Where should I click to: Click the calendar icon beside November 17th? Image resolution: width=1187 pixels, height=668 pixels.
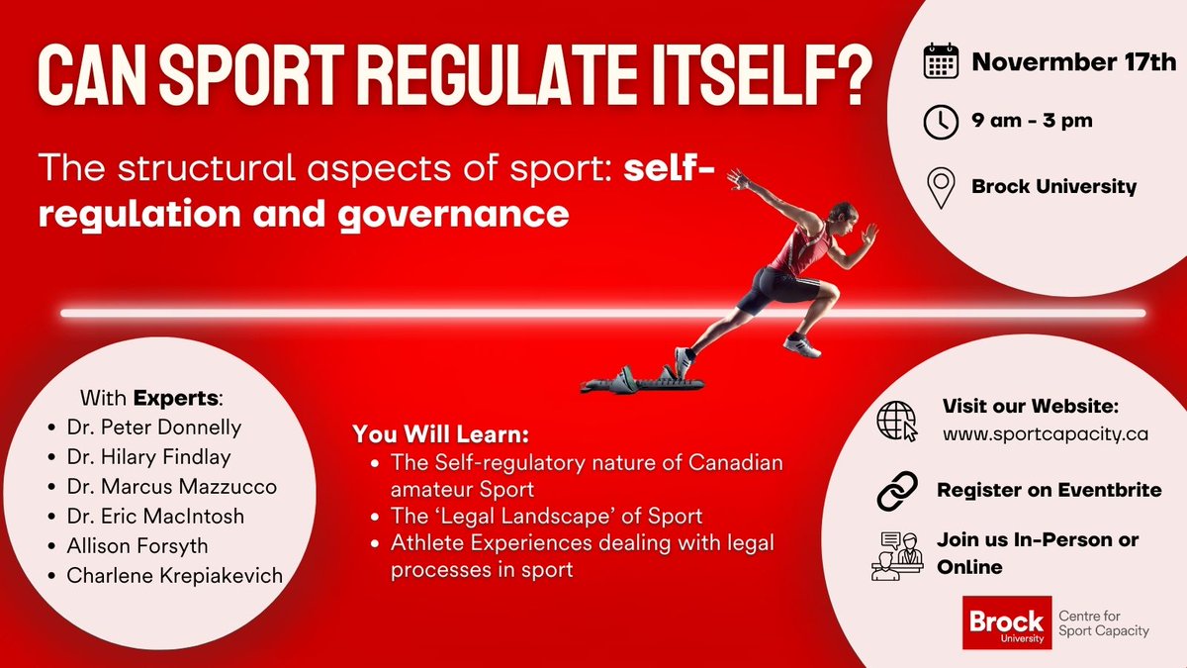[x=941, y=61]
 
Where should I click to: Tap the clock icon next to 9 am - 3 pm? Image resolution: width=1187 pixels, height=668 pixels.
[x=941, y=122]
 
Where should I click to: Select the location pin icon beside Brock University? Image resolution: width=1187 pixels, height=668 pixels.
[x=941, y=185]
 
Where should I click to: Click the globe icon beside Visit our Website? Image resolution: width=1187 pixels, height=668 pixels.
[x=897, y=421]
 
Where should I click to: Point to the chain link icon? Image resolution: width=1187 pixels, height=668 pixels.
[x=897, y=491]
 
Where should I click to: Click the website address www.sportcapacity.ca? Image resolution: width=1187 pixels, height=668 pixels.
[x=1045, y=433]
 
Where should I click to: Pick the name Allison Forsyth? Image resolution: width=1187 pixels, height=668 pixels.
[x=137, y=545]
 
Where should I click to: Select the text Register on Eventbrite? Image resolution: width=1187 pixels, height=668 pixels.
[x=1049, y=490]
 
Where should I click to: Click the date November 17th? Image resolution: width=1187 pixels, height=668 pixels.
[x=1074, y=62]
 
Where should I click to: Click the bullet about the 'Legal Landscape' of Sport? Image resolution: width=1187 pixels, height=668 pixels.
[x=546, y=516]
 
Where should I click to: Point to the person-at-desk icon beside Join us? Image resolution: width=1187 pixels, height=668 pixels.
[x=897, y=555]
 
